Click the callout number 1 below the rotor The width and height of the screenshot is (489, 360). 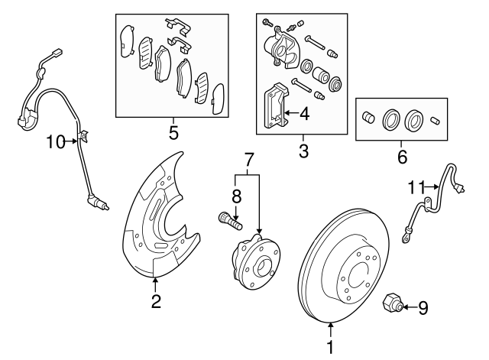click(331, 347)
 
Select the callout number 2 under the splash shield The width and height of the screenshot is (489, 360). click(156, 301)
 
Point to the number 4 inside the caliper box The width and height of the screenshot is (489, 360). click(303, 115)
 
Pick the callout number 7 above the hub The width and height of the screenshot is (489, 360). click(248, 161)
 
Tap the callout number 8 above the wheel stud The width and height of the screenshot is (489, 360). click(236, 196)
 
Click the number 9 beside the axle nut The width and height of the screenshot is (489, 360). click(423, 308)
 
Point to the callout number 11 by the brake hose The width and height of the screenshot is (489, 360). click(416, 185)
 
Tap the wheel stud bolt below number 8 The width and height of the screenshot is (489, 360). click(229, 222)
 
